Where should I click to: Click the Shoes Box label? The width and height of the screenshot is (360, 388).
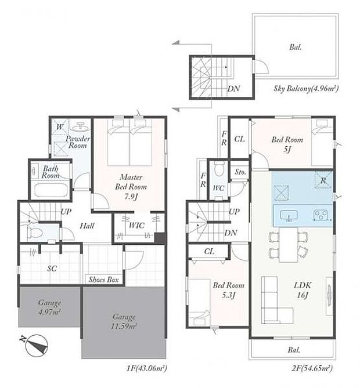(103, 280)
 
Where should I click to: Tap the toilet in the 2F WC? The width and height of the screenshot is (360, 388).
(218, 170)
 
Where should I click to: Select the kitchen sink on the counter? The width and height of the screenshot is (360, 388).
(289, 216)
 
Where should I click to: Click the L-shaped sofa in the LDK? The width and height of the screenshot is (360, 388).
(273, 302)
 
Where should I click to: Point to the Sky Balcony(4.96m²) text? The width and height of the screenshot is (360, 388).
(306, 89)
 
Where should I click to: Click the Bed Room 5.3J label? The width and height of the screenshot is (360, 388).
(222, 289)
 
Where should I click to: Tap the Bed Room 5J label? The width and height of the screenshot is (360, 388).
(287, 144)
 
